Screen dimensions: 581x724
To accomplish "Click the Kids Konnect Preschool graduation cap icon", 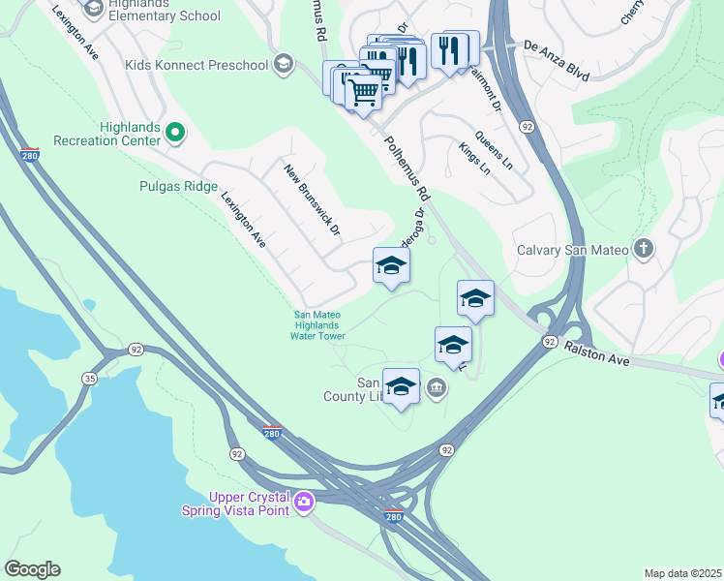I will click(283, 65).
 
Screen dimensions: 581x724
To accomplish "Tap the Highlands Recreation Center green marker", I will click(175, 132).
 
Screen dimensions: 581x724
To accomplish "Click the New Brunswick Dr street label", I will click(313, 199).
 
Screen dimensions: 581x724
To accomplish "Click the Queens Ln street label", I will click(494, 152).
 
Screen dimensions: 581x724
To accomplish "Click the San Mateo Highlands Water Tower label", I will click(319, 324).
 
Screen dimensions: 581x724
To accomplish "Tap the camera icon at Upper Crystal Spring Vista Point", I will click(304, 501).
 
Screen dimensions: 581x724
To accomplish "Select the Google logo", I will click(33, 569).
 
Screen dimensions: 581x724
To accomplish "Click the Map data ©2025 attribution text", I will click(682, 573).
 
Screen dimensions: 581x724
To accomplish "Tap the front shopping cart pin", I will click(363, 94).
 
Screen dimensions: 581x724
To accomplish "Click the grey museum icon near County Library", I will click(437, 388).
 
